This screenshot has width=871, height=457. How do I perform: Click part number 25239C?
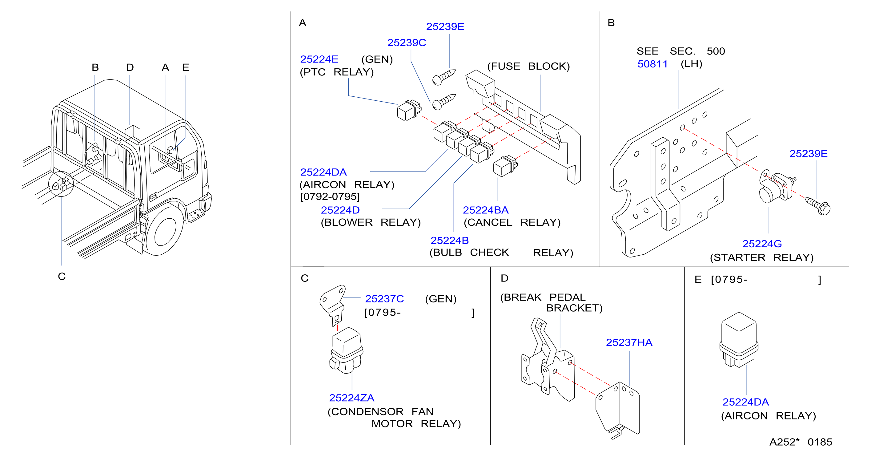point(407,42)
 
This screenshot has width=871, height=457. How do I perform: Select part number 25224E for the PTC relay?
point(319,59)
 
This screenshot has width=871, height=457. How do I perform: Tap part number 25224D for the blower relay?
point(340,210)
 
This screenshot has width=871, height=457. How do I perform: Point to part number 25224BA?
point(486,210)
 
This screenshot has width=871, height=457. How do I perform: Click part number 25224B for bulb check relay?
point(449,240)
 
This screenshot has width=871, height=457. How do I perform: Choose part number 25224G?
point(762,244)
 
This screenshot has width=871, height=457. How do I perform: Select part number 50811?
point(652,64)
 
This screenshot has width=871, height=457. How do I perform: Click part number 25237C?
point(384,299)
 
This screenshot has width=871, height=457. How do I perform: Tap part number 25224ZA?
point(352,398)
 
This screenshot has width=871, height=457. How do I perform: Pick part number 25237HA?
point(629,342)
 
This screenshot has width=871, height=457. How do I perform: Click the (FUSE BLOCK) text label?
point(528,66)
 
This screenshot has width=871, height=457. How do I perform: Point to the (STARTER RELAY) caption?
point(762,257)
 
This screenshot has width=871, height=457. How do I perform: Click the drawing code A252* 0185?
point(801,442)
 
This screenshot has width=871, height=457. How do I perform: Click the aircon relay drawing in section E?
point(739,340)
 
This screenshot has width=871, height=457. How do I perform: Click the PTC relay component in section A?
point(409,110)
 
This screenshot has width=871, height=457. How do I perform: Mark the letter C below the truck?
point(62,276)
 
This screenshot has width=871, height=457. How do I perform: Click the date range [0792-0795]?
point(330,196)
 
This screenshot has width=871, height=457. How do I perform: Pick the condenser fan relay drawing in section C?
point(346,350)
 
